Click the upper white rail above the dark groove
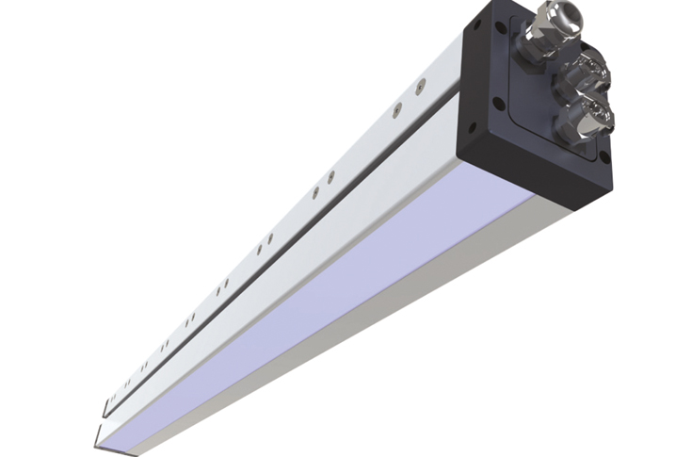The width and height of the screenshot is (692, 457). (311, 179)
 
